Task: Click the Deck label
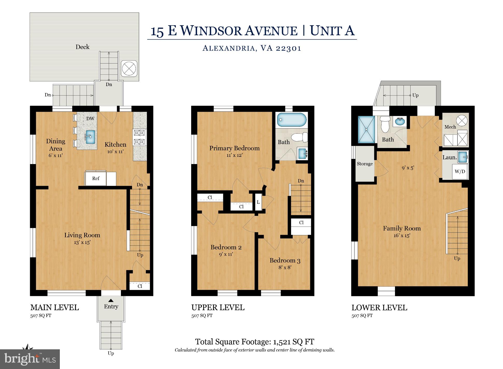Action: pyautogui.click(x=82, y=47)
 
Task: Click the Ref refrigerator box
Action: pyautogui.click(x=96, y=179)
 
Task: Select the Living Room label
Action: pyautogui.click(x=82, y=235)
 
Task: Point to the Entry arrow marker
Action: pyautogui.click(x=111, y=301)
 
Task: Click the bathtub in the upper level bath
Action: pyautogui.click(x=292, y=120)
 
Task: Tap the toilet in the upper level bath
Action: pyautogui.click(x=300, y=138)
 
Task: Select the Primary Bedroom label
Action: pyautogui.click(x=234, y=148)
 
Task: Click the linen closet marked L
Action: pyautogui.click(x=258, y=202)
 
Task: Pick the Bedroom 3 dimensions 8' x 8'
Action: pyautogui.click(x=285, y=267)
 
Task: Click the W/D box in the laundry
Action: pyautogui.click(x=460, y=172)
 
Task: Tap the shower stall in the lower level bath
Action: pyautogui.click(x=366, y=129)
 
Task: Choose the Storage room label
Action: pyautogui.click(x=365, y=164)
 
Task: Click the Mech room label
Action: pyautogui.click(x=450, y=127)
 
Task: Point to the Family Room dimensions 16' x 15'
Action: pyautogui.click(x=402, y=236)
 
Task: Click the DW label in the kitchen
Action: pyautogui.click(x=90, y=119)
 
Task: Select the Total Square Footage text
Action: pyautogui.click(x=255, y=342)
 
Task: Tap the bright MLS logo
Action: pyautogui.click(x=30, y=359)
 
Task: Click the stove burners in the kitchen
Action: pyautogui.click(x=139, y=137)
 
